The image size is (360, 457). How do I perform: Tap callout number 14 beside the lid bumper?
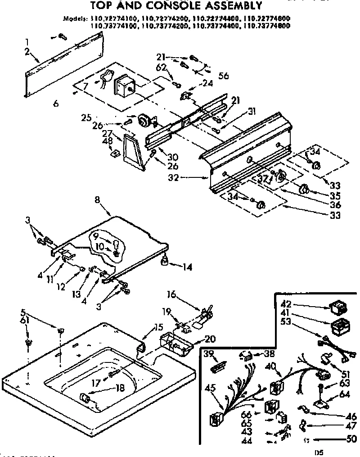pos(187,267)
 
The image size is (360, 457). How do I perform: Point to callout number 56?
pos(223,76)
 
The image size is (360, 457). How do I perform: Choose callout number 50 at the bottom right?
pos(351,439)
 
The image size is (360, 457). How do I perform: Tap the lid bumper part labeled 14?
pos(165,260)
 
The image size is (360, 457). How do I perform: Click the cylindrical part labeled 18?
pos(84,398)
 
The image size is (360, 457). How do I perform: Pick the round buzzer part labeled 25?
pos(145,121)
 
